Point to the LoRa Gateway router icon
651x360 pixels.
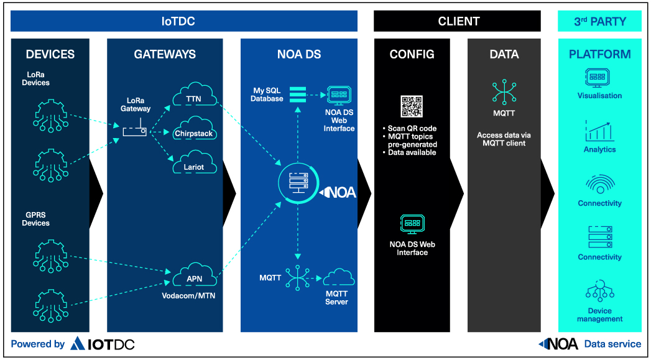pyautogui.click(x=135, y=132)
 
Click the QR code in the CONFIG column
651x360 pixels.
pyautogui.click(x=412, y=106)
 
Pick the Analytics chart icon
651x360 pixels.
pyautogui.click(x=599, y=131)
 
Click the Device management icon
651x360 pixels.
pyautogui.click(x=599, y=292)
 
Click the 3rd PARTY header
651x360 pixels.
pyautogui.click(x=599, y=21)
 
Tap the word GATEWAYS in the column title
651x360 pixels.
pyautogui.click(x=165, y=54)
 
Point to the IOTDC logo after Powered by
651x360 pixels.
pyautogui.click(x=103, y=343)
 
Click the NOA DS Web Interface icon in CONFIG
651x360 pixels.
pyautogui.click(x=412, y=224)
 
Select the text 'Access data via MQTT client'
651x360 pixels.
pyautogui.click(x=504, y=139)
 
